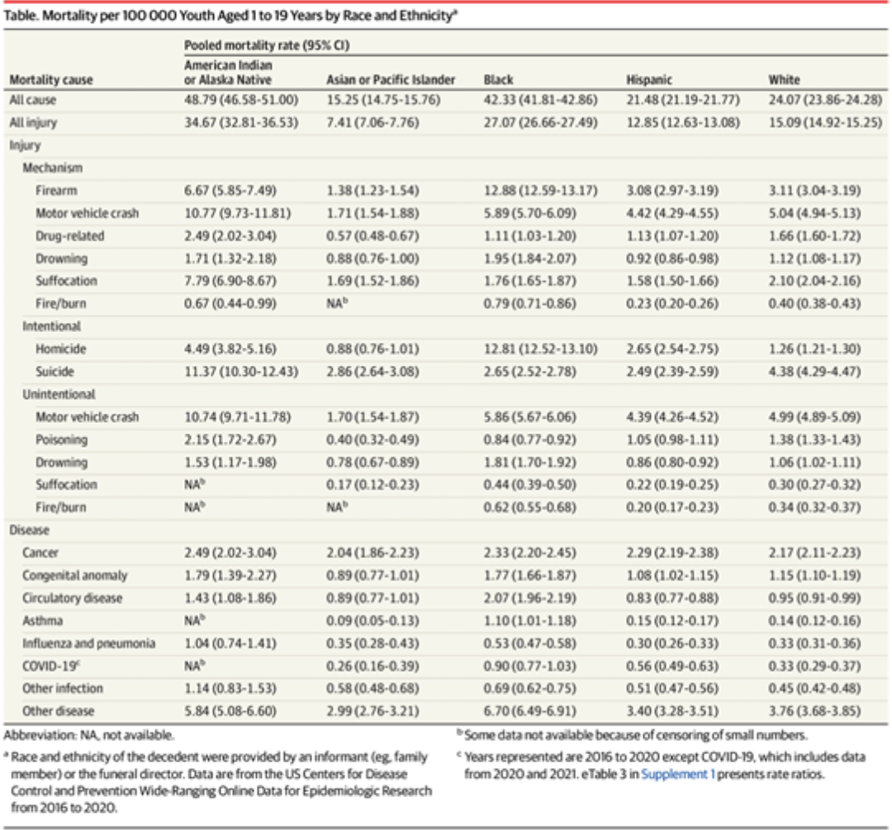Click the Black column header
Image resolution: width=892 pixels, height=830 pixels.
point(498,80)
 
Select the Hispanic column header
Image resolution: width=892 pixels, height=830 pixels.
point(649,80)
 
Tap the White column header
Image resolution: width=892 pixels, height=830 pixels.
point(784,80)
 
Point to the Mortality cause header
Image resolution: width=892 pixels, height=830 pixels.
point(50,80)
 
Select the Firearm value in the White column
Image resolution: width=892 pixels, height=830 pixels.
point(814,191)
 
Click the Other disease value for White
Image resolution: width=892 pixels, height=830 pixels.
point(814,711)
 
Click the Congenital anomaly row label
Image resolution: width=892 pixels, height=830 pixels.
point(75,576)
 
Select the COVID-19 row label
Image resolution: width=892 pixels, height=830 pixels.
point(49,666)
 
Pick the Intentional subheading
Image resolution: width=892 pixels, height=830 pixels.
point(51,326)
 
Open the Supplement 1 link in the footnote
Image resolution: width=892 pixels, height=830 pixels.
point(675,775)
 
